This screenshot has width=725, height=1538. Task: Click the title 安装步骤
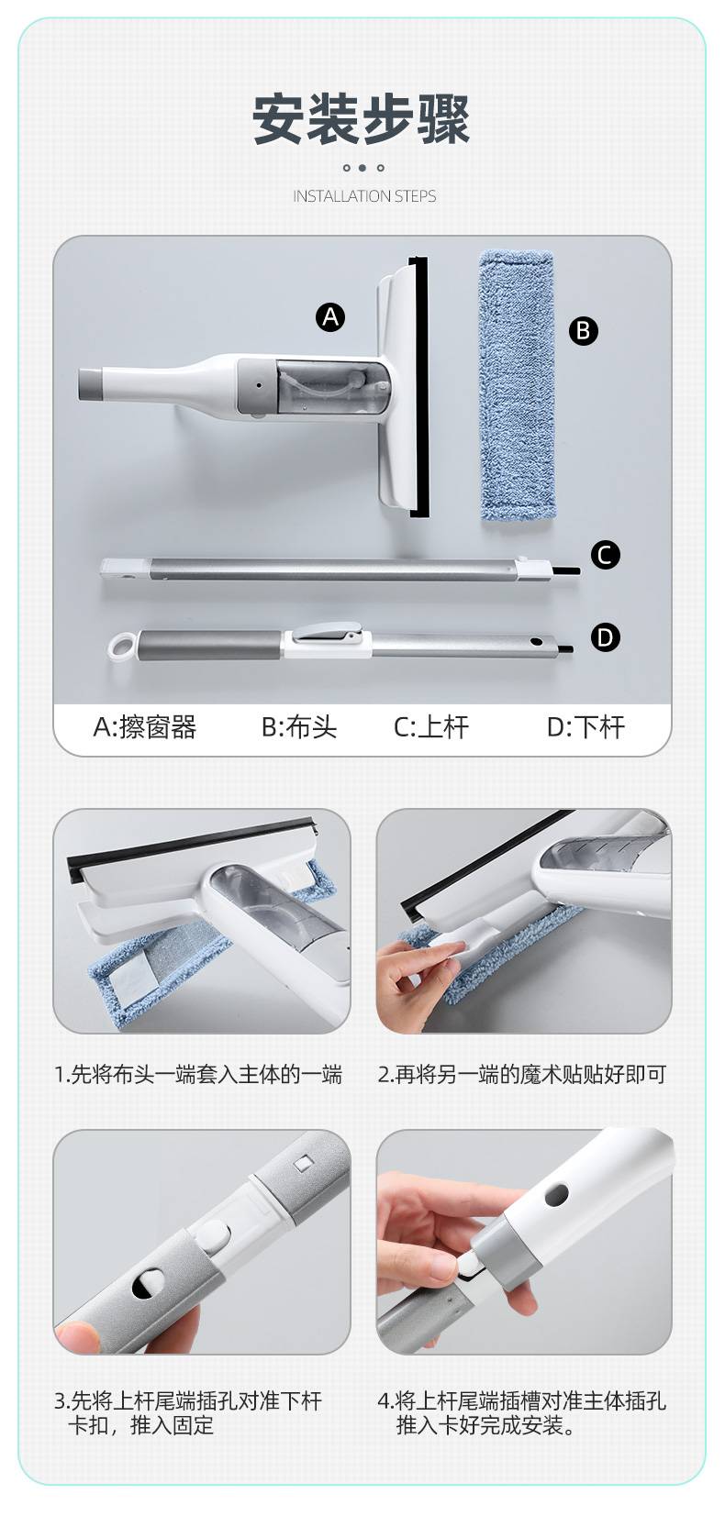coord(362,119)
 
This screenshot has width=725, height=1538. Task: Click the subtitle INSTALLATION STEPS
coord(364,196)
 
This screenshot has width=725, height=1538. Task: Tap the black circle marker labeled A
coord(330,317)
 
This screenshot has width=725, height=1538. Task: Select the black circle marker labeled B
coord(584,331)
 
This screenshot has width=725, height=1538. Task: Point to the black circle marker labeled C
coord(605,555)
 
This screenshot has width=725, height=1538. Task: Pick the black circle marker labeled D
coord(605,637)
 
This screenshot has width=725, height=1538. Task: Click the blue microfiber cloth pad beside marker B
coord(517,385)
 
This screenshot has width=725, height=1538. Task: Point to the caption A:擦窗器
coord(145,727)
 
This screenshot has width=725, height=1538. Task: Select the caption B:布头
coord(299,727)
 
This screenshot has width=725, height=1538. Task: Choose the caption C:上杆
coord(431,727)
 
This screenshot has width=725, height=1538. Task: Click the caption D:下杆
coord(586,727)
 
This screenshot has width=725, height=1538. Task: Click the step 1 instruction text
coord(198,1074)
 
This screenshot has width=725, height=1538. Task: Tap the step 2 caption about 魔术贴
coord(522,1074)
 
